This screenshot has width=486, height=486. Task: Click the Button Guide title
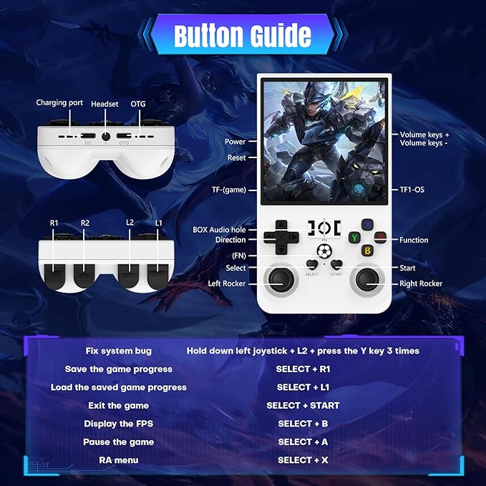point(243,34)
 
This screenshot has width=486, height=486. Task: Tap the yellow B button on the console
point(368,251)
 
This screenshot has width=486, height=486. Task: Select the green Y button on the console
point(354,238)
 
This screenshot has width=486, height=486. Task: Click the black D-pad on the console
point(281,238)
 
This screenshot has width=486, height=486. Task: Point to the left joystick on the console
point(281,280)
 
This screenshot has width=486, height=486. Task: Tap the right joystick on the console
point(367,280)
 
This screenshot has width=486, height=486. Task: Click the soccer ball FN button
point(324,251)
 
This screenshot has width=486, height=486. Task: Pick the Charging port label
point(59,103)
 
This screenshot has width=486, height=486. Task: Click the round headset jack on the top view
point(106,137)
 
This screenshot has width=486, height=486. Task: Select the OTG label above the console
point(138,104)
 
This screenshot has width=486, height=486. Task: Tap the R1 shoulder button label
point(54,223)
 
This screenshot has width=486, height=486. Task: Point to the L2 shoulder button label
point(130,223)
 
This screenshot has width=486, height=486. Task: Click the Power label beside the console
point(235,142)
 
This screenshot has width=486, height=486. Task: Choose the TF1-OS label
point(412,190)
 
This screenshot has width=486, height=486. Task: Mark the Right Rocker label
point(421,283)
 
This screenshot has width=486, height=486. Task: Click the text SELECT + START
point(303,405)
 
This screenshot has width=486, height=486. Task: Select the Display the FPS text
point(118,424)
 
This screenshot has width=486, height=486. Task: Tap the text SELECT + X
point(303,460)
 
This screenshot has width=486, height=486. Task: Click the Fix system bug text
point(118,351)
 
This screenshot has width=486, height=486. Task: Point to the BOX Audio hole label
point(219,230)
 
